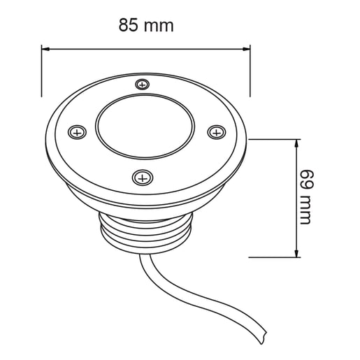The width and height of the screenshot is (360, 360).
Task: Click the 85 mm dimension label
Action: pyautogui.click(x=145, y=26)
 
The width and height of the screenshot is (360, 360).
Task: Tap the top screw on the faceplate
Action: pyautogui.click(x=143, y=85)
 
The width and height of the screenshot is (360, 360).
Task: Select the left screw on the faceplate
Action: pyautogui.click(x=77, y=131)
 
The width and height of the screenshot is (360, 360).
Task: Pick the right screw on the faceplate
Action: pyautogui.click(x=215, y=130)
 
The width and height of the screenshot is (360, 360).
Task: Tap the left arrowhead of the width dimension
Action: pyautogui.click(x=47, y=48)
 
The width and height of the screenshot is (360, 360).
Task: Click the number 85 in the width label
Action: pyautogui.click(x=129, y=26)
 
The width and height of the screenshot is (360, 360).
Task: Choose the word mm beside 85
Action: pyautogui.click(x=159, y=27)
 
